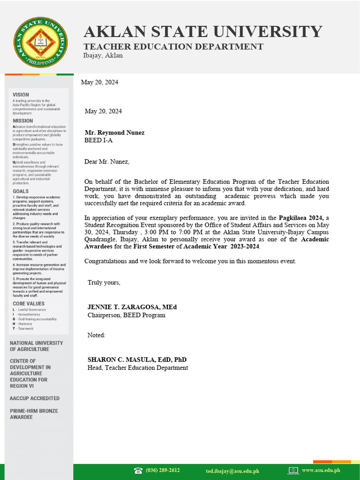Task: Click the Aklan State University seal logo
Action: pos(40,42)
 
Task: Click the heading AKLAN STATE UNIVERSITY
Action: pos(202,32)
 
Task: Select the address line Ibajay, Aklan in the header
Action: pos(103,55)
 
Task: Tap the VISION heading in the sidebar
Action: pos(21,95)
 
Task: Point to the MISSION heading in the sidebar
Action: pos(22,121)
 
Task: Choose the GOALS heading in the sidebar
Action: pos(21,191)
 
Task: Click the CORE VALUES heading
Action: pos(29,304)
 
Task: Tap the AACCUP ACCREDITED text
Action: pos(35,398)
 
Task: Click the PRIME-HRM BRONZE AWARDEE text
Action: pos(34,414)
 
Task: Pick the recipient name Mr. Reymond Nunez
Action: pos(114,133)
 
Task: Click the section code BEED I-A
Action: pos(98,140)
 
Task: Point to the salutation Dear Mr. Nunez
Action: pos(106,162)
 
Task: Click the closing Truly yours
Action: pos(104,282)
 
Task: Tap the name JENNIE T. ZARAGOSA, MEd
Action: pos(132,307)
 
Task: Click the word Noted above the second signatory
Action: pos(96,335)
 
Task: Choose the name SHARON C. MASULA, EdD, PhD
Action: pos(137,360)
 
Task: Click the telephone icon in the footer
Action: pos(138,471)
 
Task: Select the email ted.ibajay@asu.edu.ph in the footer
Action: pos(232,471)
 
